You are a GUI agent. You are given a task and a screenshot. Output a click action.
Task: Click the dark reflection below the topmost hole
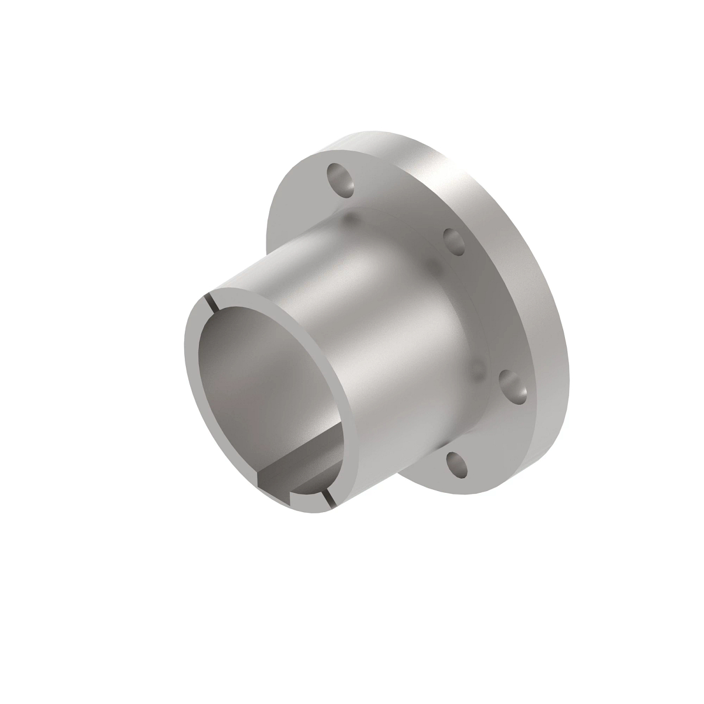[x=351, y=220]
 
